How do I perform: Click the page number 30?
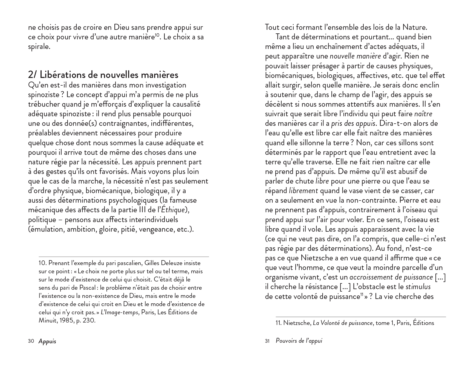(x=31, y=341)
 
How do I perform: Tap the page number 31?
(x=267, y=341)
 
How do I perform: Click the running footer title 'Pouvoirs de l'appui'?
(x=299, y=341)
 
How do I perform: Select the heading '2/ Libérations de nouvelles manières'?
(x=103, y=75)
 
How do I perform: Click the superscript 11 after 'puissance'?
(x=362, y=294)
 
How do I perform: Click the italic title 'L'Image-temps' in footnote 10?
(x=119, y=312)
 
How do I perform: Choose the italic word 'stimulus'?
(x=418, y=287)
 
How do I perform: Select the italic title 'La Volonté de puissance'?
(x=343, y=323)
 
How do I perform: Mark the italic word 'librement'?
(x=303, y=191)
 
